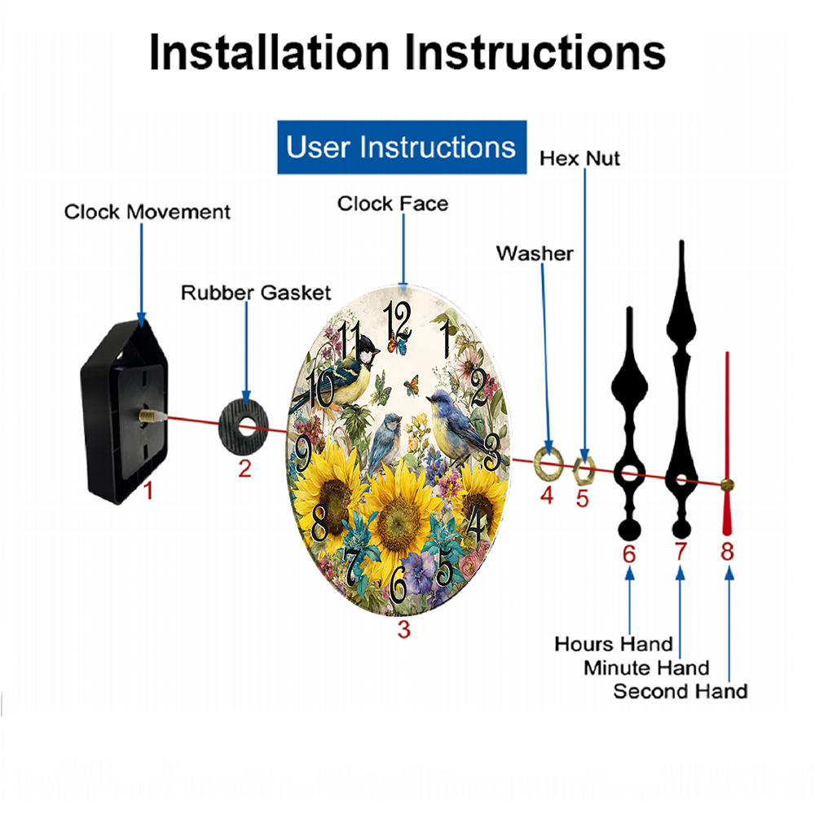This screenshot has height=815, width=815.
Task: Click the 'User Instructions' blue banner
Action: [402, 147]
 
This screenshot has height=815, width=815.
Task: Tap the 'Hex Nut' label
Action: [579, 159]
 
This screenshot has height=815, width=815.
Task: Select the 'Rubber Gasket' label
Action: [256, 293]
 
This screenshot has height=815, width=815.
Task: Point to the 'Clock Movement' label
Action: [147, 212]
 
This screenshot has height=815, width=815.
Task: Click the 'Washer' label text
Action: [535, 253]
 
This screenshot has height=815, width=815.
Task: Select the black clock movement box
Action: [124, 411]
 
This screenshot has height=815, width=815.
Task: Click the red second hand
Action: [727, 443]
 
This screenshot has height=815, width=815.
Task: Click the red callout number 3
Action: [404, 630]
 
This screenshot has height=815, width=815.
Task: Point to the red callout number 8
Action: [727, 552]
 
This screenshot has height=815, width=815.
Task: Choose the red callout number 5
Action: [582, 499]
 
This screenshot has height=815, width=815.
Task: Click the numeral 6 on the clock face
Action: [399, 584]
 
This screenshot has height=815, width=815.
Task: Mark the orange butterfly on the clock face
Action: [412, 385]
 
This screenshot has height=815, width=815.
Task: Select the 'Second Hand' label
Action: [681, 692]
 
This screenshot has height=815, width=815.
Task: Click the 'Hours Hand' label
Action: [614, 645]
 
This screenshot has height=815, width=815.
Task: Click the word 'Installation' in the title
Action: [269, 52]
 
